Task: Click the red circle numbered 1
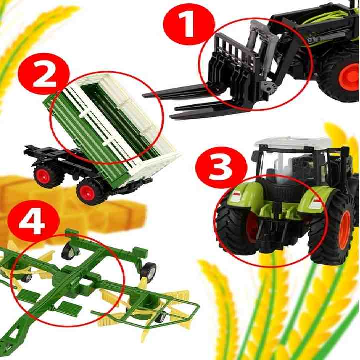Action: [x=189, y=24]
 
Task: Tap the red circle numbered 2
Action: [x=44, y=74]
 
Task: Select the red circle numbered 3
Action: [x=221, y=167]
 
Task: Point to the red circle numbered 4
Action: [x=33, y=221]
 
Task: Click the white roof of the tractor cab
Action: [x=296, y=143]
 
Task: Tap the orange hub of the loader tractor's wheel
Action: [x=348, y=77]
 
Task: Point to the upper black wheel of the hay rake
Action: [x=69, y=252]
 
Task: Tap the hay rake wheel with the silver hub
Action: [x=148, y=271]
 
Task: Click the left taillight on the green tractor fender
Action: [x=236, y=197]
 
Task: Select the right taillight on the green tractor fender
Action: [x=314, y=204]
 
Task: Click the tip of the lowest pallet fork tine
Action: [x=171, y=117]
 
